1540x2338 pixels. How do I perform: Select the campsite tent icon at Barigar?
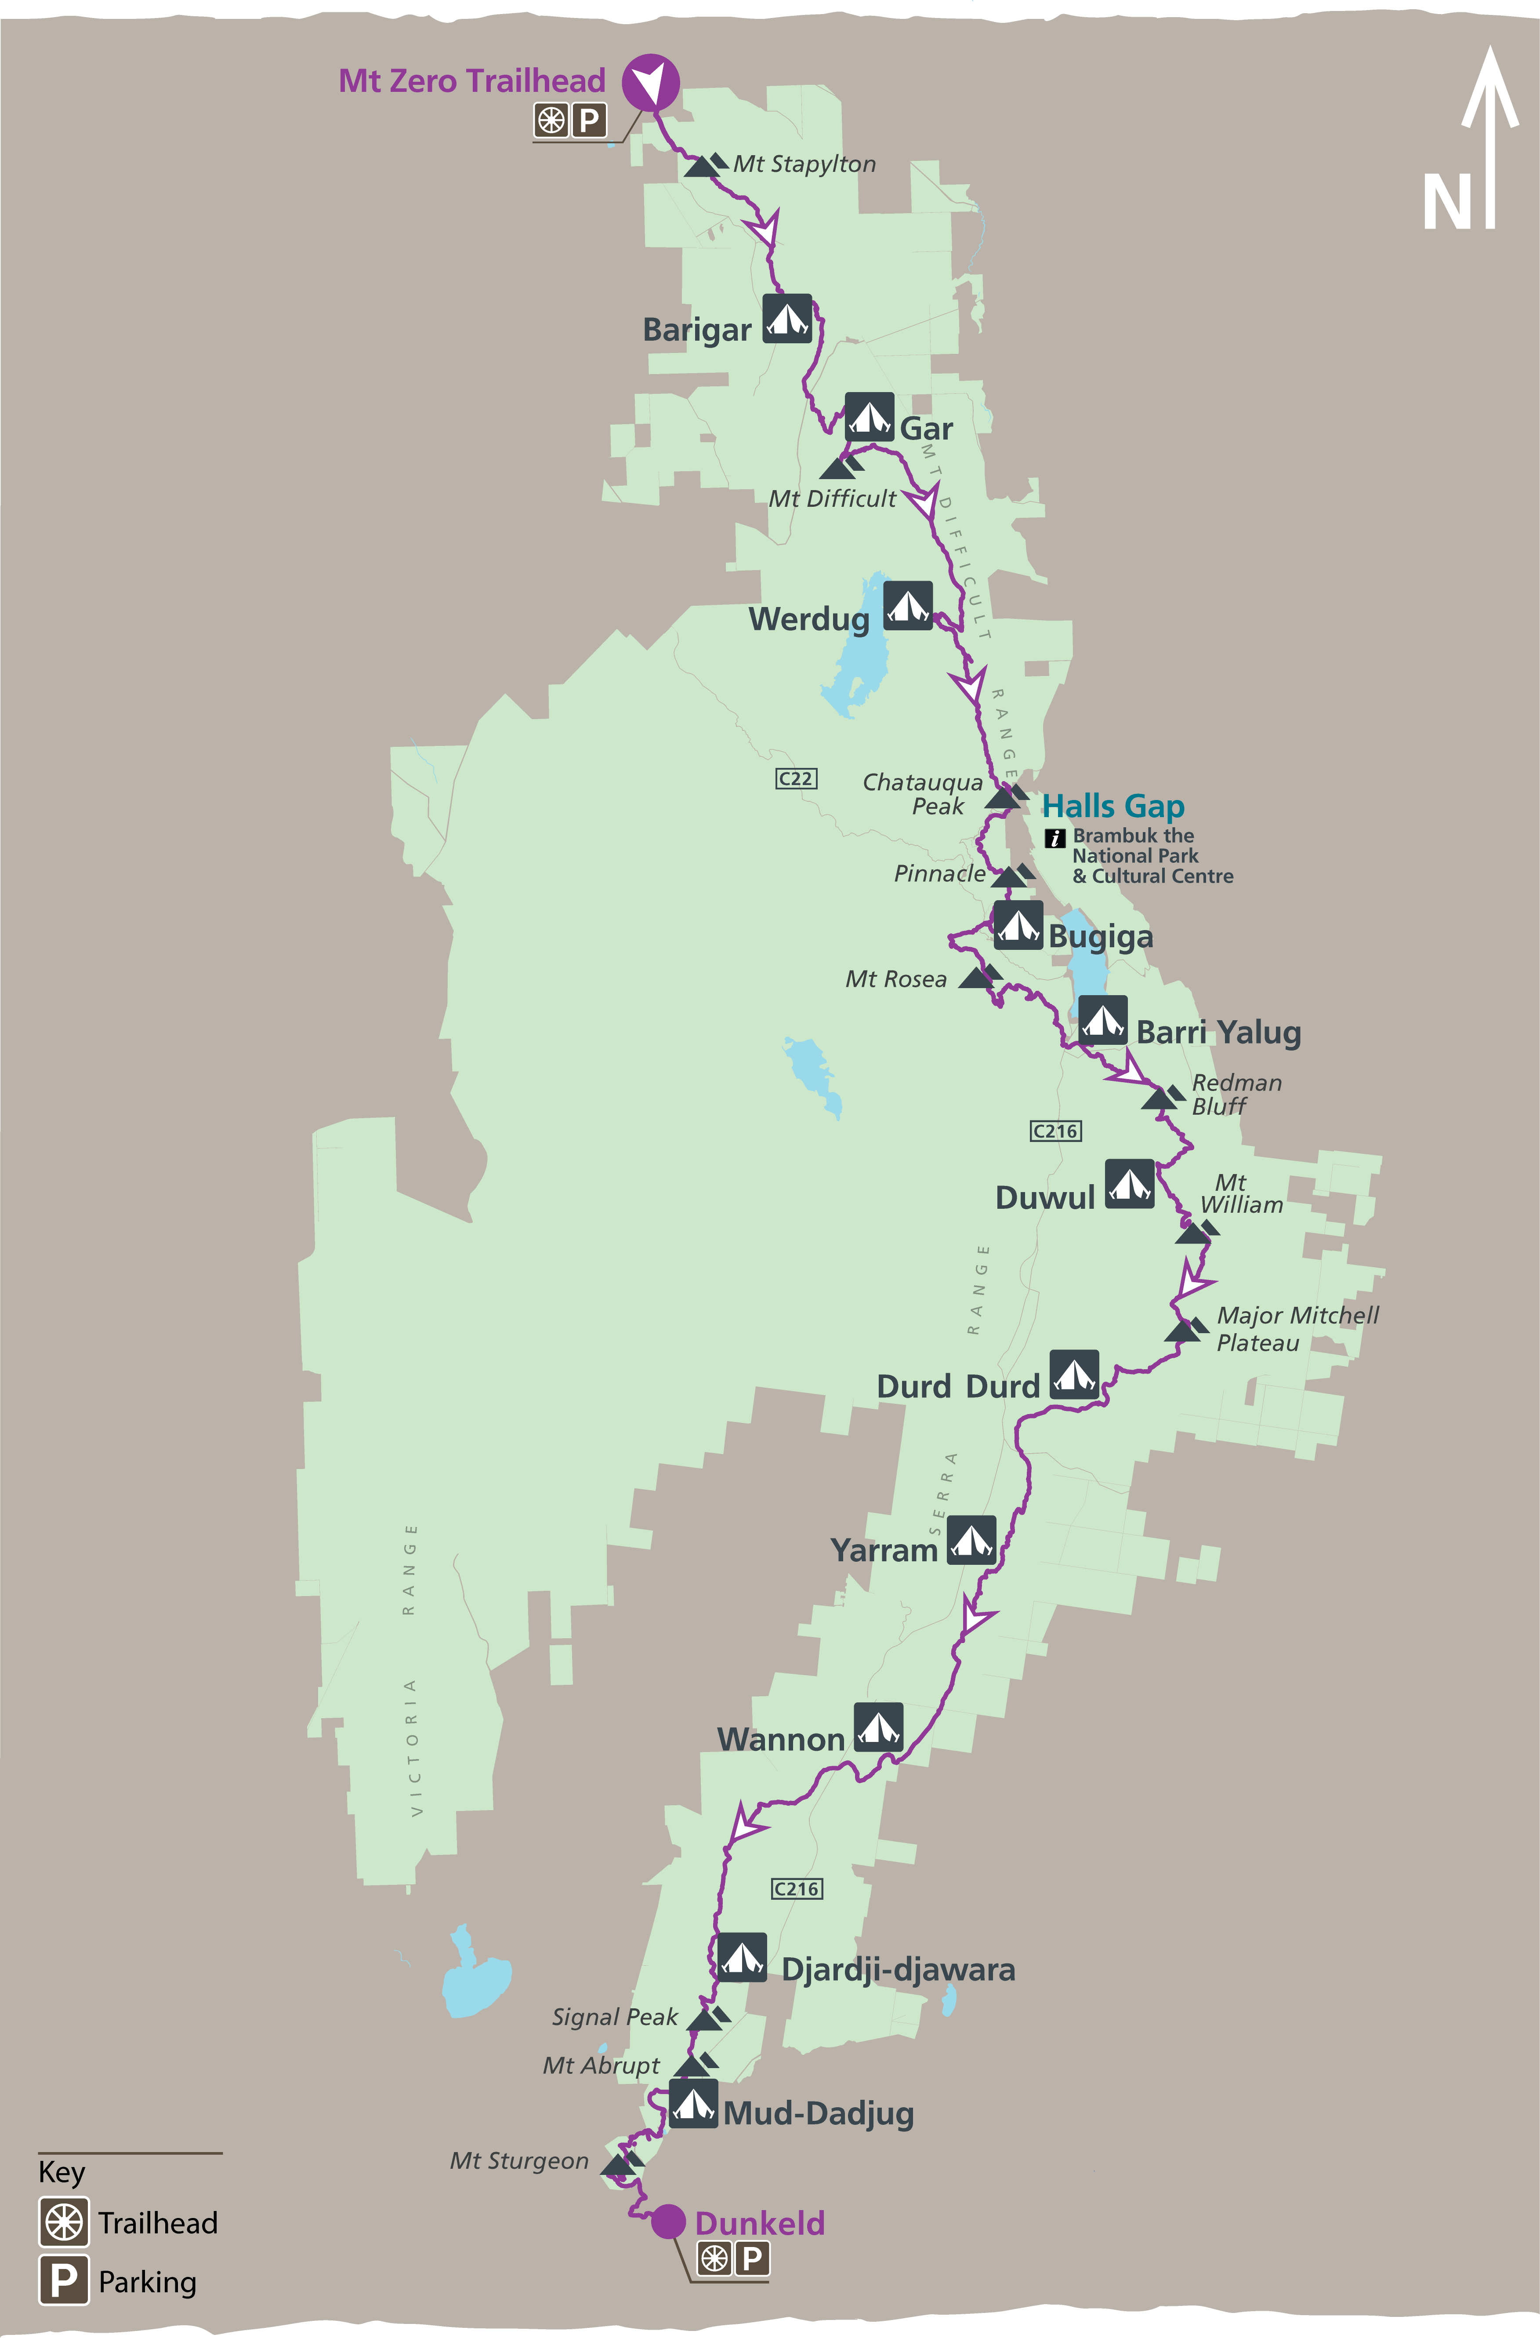[788, 318]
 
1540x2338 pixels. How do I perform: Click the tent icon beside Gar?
[869, 418]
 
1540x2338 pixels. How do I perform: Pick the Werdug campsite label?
[808, 620]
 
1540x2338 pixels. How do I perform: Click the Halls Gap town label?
[1113, 807]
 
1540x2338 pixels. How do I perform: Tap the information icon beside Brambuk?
[1055, 838]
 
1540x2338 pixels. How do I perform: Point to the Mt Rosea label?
[896, 979]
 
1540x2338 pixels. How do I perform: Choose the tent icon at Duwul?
[1130, 1184]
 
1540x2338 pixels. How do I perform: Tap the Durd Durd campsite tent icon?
[1074, 1374]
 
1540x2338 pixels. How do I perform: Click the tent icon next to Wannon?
[878, 1727]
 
